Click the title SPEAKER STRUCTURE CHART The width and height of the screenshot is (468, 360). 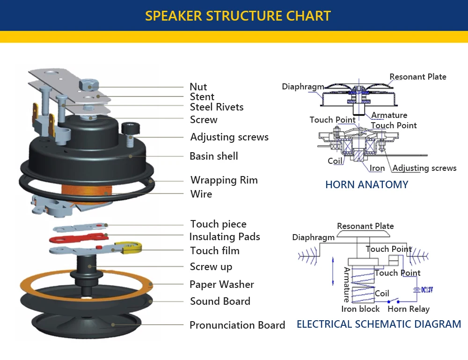[238, 16]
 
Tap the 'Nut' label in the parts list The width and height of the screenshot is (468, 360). [198, 87]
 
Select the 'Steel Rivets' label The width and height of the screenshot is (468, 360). [217, 107]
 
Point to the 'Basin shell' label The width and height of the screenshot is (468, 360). [214, 156]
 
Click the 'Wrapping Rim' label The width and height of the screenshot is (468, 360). [224, 180]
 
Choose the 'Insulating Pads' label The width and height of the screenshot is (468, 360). [225, 236]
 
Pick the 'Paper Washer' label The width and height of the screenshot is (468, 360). [222, 285]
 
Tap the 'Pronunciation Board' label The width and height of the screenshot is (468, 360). [237, 325]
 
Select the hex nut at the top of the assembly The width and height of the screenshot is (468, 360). [89, 84]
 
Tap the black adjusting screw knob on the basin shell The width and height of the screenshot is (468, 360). [131, 129]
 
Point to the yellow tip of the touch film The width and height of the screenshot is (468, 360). [130, 248]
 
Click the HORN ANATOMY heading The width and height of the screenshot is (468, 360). [367, 184]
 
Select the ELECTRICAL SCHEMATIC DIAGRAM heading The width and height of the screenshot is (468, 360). [379, 324]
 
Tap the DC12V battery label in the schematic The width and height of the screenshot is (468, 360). [427, 290]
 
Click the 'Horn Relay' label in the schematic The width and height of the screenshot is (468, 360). [409, 309]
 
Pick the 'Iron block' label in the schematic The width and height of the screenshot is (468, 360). [360, 309]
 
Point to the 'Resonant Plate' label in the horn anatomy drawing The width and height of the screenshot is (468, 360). [418, 77]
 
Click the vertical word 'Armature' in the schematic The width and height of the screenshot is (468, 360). [346, 285]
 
